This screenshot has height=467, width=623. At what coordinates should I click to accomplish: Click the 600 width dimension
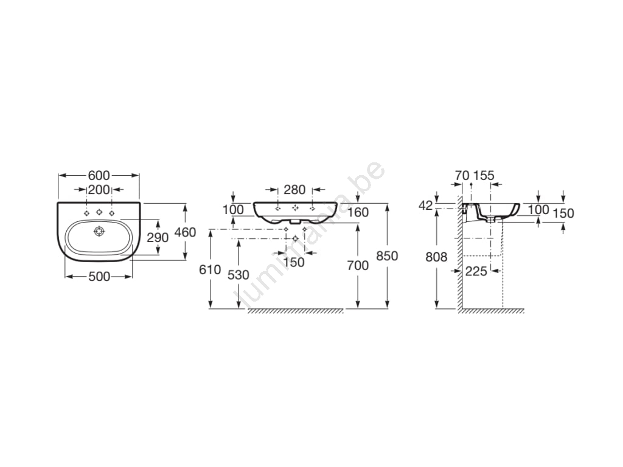point(99,175)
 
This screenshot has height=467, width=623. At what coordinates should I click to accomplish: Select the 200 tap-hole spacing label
point(99,190)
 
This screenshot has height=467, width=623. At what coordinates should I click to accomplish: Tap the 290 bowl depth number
point(158,238)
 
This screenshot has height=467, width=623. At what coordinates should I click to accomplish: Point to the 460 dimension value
point(185,232)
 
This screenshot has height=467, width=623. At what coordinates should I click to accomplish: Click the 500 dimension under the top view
point(99,277)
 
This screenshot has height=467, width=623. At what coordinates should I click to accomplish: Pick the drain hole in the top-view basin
point(99,230)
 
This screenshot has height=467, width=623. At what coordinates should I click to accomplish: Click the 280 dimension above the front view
point(294,190)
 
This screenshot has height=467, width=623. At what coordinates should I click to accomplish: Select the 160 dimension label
point(358,212)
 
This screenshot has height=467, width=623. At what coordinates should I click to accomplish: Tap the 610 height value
point(210,269)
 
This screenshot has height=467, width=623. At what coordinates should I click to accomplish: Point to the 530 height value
point(238,275)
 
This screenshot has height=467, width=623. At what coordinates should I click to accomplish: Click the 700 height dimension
point(358,265)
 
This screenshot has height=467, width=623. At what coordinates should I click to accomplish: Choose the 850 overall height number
point(387,256)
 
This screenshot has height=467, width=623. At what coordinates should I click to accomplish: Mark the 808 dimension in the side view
point(436,257)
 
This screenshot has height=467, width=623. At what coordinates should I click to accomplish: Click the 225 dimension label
point(476,271)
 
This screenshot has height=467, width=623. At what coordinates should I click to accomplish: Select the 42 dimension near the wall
point(425,206)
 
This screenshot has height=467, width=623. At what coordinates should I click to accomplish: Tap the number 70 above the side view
point(462,175)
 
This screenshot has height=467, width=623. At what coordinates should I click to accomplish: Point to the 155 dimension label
point(484,175)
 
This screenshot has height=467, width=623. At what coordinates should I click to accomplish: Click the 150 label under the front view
point(294,262)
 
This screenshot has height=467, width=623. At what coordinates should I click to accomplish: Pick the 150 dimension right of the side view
point(563,213)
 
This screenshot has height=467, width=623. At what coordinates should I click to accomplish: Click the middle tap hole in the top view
point(99,212)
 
